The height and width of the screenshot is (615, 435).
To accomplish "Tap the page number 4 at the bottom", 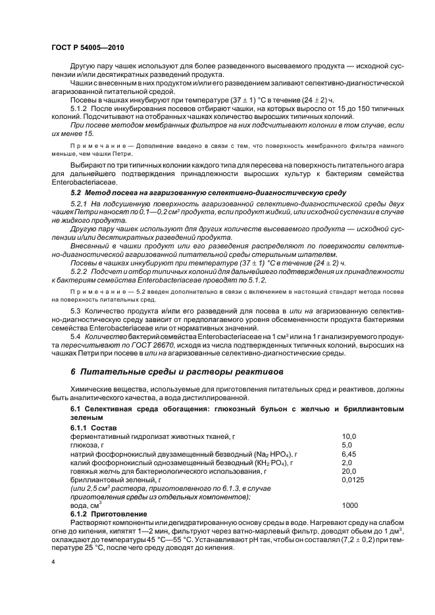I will pyautogui.click(x=53, y=562).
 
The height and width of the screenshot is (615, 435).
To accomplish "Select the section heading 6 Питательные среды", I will pyautogui.click(x=159, y=372).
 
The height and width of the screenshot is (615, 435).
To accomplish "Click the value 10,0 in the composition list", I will pyautogui.click(x=349, y=436).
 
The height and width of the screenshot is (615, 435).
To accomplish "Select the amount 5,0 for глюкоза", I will pyautogui.click(x=346, y=445).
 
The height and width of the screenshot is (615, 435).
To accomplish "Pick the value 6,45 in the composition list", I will pyautogui.click(x=348, y=453).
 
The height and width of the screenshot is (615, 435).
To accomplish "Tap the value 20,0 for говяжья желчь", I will pyautogui.click(x=349, y=471).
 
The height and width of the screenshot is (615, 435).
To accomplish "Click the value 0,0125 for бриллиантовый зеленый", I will pyautogui.click(x=353, y=480).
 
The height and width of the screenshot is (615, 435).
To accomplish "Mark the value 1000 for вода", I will pyautogui.click(x=350, y=507).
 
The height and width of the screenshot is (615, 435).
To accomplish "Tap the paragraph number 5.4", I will pyautogui.click(x=75, y=335).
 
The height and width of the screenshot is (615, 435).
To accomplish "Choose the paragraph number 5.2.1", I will pyautogui.click(x=80, y=205).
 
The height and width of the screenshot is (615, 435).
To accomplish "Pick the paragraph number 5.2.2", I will pyautogui.click(x=80, y=271).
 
